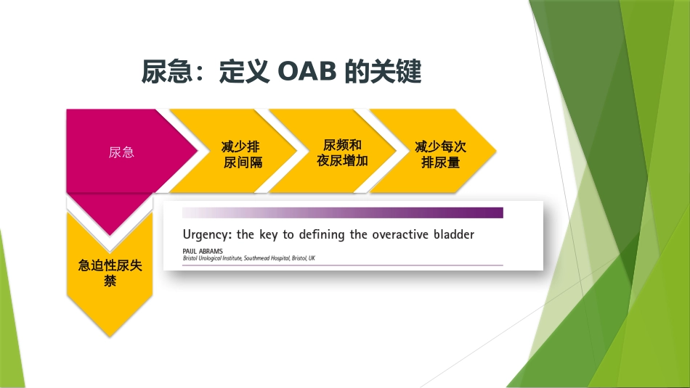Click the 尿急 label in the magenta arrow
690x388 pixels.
click(121, 152)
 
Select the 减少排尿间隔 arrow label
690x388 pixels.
click(243, 154)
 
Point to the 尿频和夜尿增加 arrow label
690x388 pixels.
click(342, 153)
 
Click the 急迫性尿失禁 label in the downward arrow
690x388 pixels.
click(110, 273)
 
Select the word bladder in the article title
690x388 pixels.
click(453, 234)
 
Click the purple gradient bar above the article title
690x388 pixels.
click(342, 212)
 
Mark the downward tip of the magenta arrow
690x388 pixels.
click(110, 235)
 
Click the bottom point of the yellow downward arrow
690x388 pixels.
click(110, 335)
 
